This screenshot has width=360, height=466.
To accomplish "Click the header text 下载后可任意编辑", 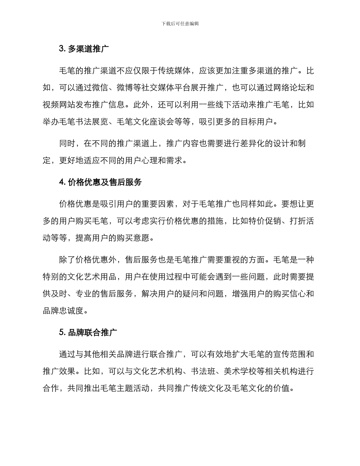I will tap(180, 24).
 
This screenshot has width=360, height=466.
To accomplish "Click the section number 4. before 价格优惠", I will tap(63, 182).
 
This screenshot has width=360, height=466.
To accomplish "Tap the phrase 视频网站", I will tap(59, 105).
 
